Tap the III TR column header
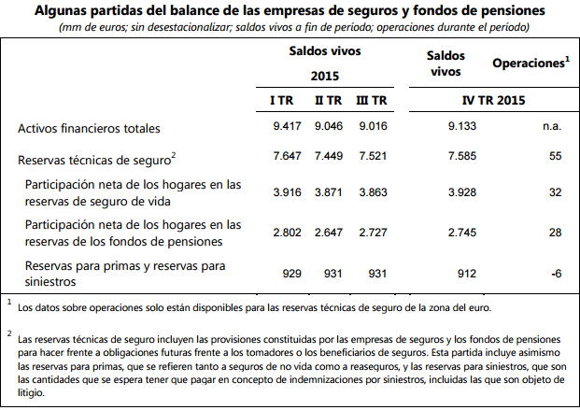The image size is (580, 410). tap(370, 99)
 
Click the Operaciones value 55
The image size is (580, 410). tap(554, 158)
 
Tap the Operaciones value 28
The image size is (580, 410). tap(554, 231)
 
